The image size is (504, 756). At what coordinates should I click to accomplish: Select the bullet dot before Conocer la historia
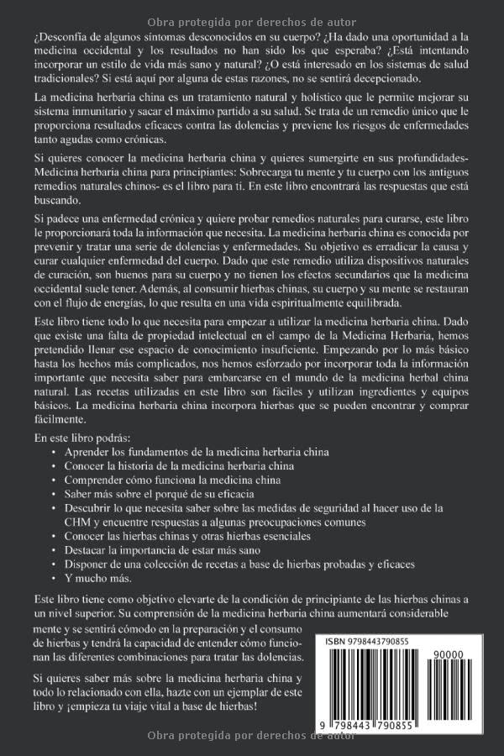pos(53,465)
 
